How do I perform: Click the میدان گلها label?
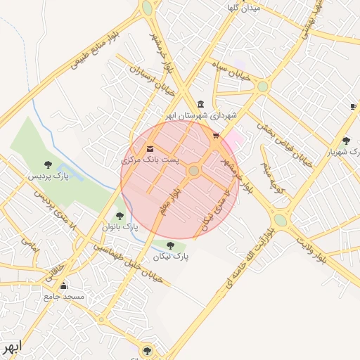(x=243, y=8)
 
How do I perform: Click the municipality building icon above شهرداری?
(x=201, y=104)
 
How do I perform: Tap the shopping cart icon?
(x=216, y=136)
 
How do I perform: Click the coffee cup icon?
(x=353, y=106)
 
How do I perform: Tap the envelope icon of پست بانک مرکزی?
(x=150, y=149)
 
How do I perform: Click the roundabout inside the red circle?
(x=194, y=170)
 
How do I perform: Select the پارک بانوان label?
(x=120, y=228)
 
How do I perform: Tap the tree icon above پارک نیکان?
(x=170, y=245)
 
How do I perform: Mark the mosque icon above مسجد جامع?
(x=64, y=285)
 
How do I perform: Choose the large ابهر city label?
(x=12, y=347)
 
